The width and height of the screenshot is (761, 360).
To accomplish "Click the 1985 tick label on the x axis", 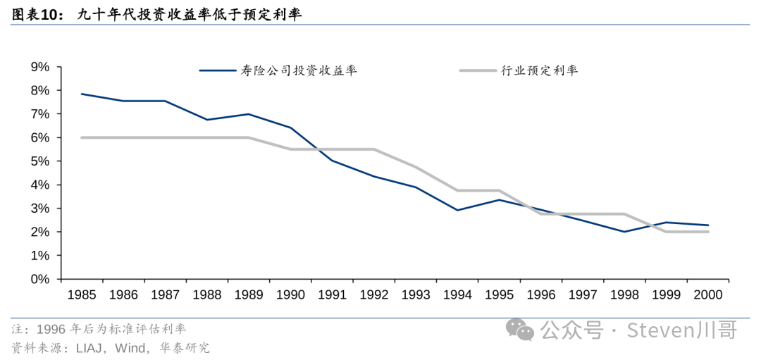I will pyautogui.click(x=82, y=295).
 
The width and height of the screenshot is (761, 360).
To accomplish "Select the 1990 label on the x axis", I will pyautogui.click(x=290, y=295).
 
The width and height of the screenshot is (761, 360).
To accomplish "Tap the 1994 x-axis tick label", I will pyautogui.click(x=457, y=295).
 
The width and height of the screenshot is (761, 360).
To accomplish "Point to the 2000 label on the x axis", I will pyautogui.click(x=707, y=295).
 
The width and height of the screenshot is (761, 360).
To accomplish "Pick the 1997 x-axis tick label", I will pyautogui.click(x=583, y=295).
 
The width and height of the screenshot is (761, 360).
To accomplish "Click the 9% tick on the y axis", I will pyautogui.click(x=40, y=67).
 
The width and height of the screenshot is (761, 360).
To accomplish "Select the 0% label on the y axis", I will pyautogui.click(x=40, y=279).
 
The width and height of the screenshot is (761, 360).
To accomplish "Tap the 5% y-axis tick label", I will pyautogui.click(x=40, y=161).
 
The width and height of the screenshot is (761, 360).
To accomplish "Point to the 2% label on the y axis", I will pyautogui.click(x=40, y=232).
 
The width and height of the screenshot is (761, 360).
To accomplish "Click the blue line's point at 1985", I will pyautogui.click(x=82, y=94).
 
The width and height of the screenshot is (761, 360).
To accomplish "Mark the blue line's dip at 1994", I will pyautogui.click(x=457, y=210).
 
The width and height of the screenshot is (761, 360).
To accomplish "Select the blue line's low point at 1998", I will pyautogui.click(x=624, y=231).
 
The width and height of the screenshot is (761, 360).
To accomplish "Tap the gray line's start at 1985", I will pyautogui.click(x=82, y=137).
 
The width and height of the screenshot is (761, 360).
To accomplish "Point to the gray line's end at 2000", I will pyautogui.click(x=707, y=232).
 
